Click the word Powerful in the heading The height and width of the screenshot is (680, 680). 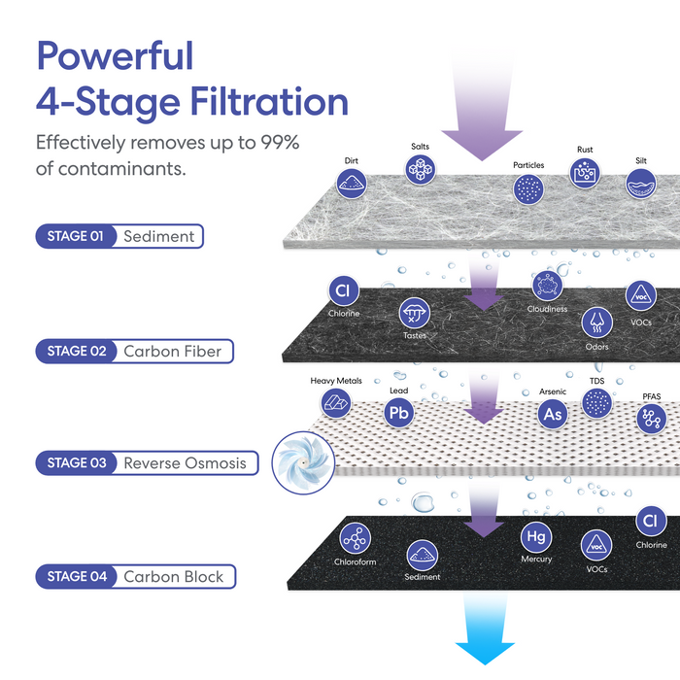(115, 56)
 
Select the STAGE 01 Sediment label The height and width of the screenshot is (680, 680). (119, 236)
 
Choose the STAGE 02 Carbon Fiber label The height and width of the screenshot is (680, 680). (135, 351)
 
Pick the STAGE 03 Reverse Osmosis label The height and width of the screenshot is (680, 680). (148, 463)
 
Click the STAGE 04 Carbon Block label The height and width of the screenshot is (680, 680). (136, 577)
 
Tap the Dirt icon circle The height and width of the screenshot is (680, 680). (351, 182)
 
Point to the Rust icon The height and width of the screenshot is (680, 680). (585, 172)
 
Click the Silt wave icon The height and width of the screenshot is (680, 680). (641, 183)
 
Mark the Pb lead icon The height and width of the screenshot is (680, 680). (399, 413)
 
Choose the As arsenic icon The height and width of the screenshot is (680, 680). (553, 414)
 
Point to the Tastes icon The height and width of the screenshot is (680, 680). (414, 313)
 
